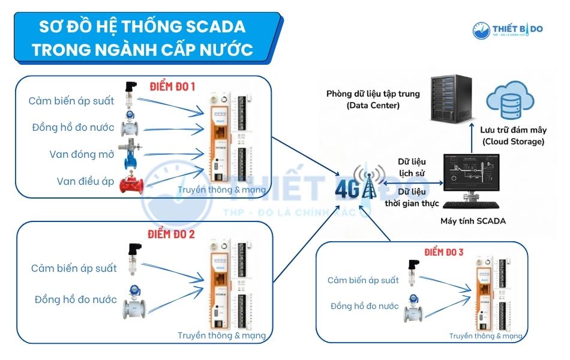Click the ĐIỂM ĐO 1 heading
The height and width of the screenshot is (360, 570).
coord(173,86)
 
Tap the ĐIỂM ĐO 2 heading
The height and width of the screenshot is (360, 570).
coord(171,233)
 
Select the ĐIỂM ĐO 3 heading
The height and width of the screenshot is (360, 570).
coord(444,252)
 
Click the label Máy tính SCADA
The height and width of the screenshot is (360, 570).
coord(473,221)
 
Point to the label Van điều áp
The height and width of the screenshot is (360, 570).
coord(85,181)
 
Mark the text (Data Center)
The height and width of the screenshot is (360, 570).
coord(373,105)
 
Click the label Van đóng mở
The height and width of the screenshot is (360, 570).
coord(82,154)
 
